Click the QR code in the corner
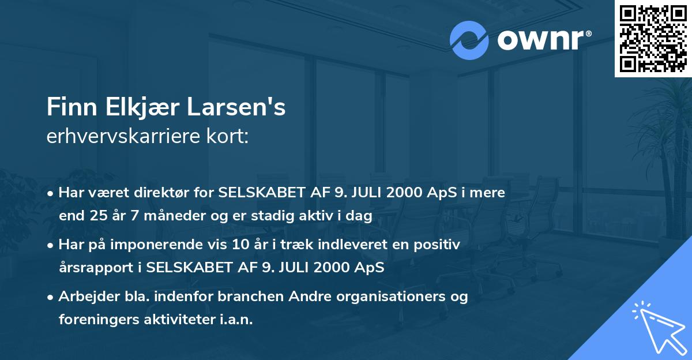pyautogui.click(x=653, y=39)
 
